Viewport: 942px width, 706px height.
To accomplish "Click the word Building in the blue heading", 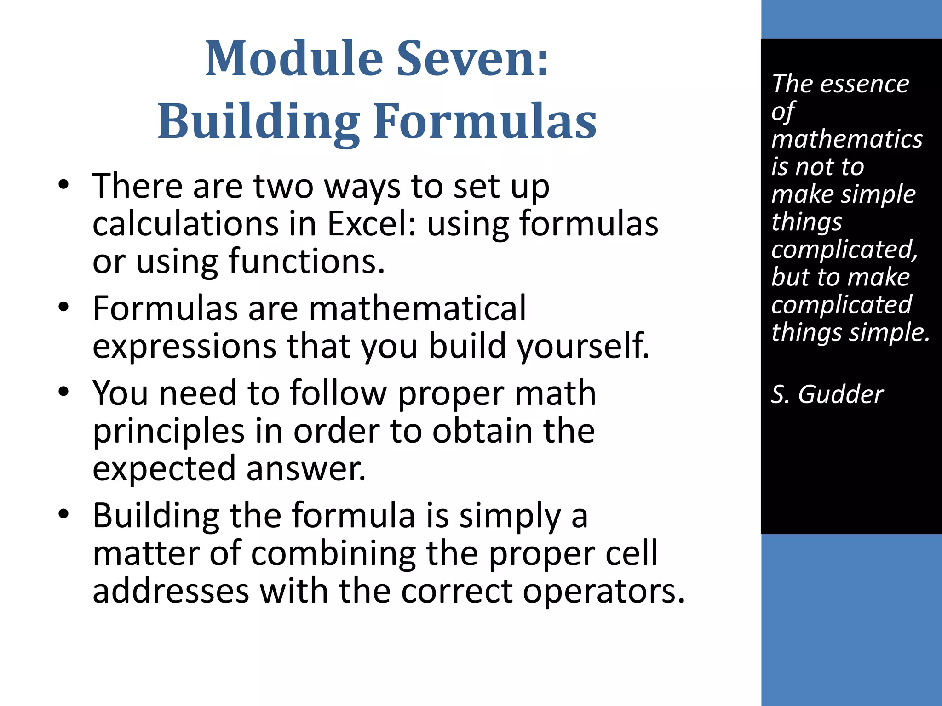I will pos(258,121).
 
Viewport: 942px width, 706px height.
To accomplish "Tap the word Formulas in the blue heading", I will pos(485,121).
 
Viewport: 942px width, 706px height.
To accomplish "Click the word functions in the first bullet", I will pos(306,262).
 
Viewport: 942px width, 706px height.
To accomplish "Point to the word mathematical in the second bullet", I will pos(417,308).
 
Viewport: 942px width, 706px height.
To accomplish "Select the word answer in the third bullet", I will pos(305,469).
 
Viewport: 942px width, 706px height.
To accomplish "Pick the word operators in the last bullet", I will pos(603,591).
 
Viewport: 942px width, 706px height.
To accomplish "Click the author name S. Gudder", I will pos(827,394).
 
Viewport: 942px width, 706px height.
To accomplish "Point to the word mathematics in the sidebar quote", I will pos(847,139).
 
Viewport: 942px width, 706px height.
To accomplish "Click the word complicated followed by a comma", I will pos(844,250).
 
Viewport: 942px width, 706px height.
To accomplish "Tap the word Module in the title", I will pos(294,59).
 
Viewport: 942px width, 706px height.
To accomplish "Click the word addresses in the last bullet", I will pos(171,591).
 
